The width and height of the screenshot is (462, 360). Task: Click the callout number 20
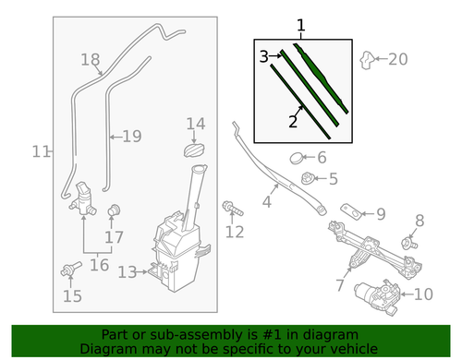(x=396, y=59)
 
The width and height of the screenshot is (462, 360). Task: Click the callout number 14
(x=195, y=124)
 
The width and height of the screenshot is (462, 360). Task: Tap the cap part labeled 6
(x=299, y=158)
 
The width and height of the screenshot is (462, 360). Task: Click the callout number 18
(x=90, y=60)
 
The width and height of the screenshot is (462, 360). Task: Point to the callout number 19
(x=131, y=136)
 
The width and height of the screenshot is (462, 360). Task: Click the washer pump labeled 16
(x=87, y=198)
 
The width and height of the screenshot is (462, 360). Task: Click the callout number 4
(x=268, y=201)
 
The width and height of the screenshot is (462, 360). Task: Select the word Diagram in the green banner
(x=107, y=350)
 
